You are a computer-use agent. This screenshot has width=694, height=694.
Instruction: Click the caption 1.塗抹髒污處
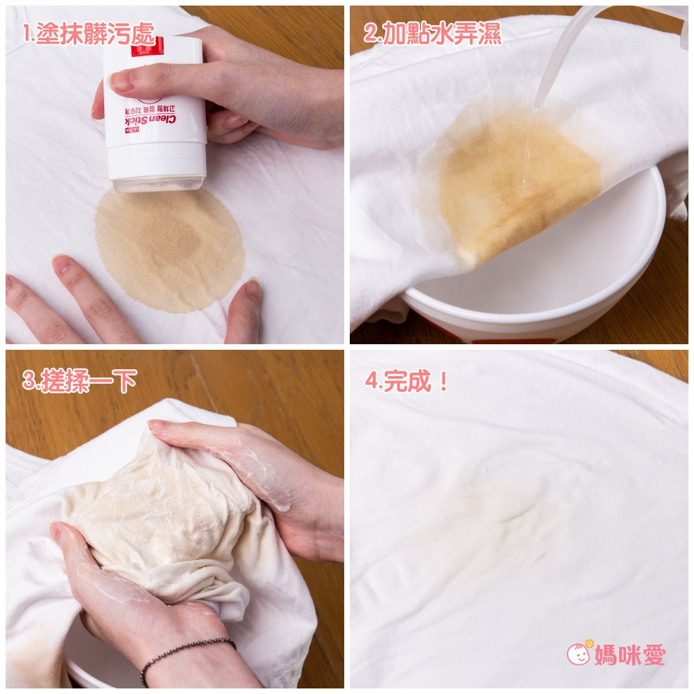88,35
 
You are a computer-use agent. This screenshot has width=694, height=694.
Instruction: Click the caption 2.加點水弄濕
432,35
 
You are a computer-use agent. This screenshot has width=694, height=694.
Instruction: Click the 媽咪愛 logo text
629,654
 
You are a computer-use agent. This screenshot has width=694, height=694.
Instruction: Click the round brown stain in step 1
169,250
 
